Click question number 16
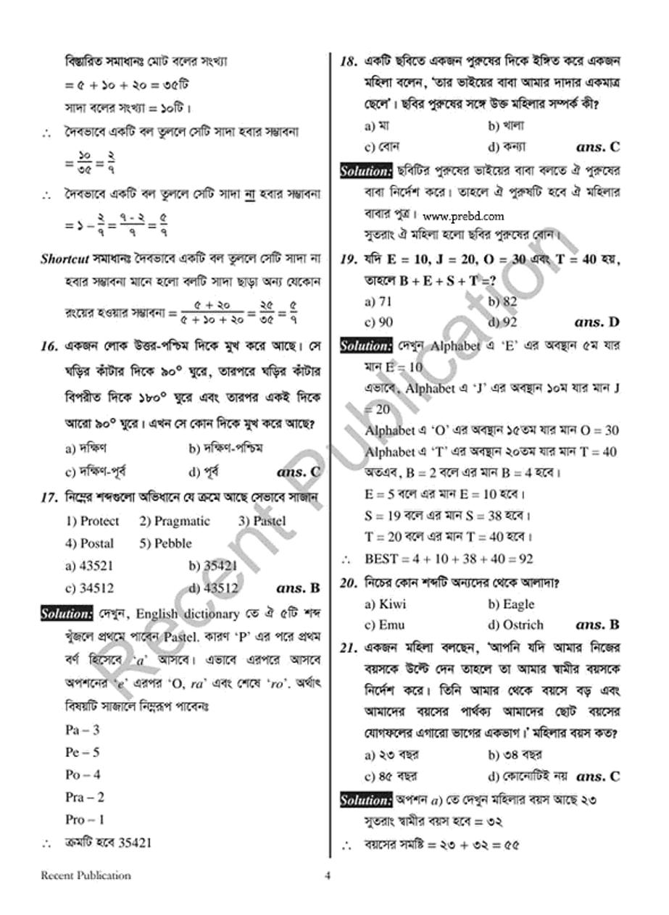click(49, 346)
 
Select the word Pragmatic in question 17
click(175, 521)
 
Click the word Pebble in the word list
click(166, 543)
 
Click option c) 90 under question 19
click(378, 322)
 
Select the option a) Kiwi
click(386, 604)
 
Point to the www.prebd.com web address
click(462, 216)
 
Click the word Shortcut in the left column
click(65, 259)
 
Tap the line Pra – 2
click(85, 797)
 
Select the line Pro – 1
click(85, 819)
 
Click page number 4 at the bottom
click(328, 875)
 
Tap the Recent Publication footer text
click(86, 875)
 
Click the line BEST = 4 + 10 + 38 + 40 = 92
click(449, 559)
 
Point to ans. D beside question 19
click(597, 322)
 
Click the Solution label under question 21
click(365, 801)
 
